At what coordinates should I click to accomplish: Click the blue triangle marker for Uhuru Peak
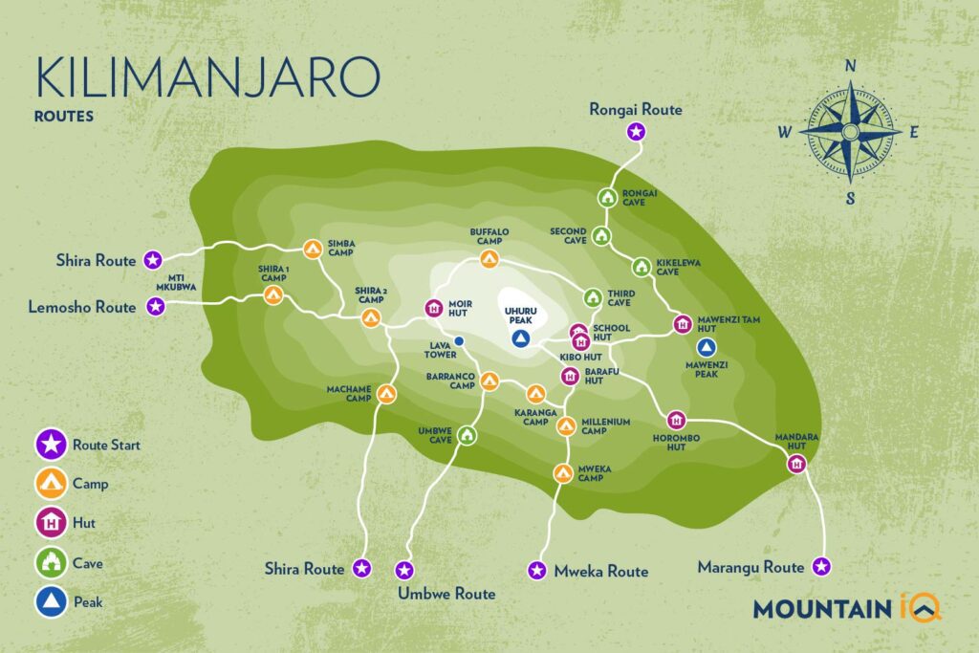(520, 339)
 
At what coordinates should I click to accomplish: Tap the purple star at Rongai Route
(635, 132)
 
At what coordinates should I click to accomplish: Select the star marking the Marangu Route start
(820, 567)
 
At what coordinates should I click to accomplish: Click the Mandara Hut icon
(796, 464)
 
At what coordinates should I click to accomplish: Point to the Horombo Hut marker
(676, 420)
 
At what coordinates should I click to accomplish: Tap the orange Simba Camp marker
(313, 249)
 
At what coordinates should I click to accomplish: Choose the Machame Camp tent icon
(386, 394)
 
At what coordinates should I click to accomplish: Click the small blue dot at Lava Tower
(459, 340)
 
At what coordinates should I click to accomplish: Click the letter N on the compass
(849, 67)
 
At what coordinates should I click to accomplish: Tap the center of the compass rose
(849, 133)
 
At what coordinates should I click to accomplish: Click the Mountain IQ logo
(847, 608)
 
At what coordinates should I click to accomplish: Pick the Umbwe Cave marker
(467, 436)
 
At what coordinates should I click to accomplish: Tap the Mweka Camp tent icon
(563, 471)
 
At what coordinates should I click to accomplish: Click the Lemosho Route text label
(83, 307)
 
